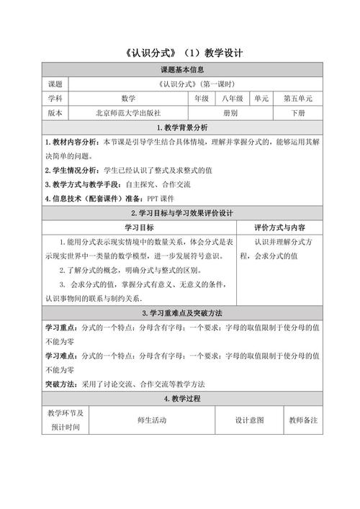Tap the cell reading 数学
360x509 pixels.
129,99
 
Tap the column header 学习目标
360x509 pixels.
130,228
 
